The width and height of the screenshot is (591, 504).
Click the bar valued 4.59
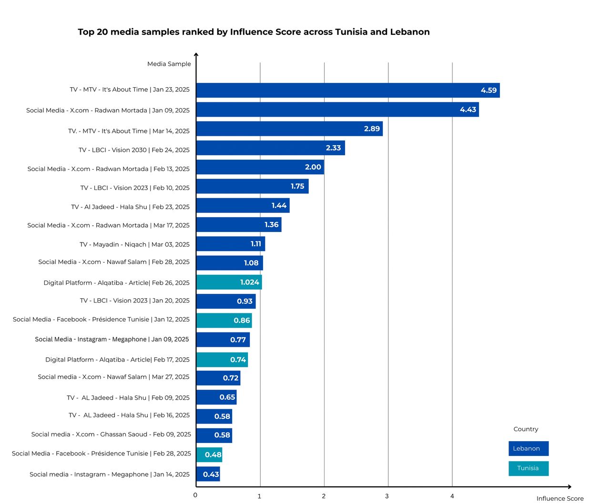click(x=347, y=90)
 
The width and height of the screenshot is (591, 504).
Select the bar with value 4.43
click(x=337, y=110)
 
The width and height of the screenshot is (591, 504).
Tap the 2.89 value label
click(x=372, y=129)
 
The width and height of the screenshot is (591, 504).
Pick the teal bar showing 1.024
click(x=229, y=282)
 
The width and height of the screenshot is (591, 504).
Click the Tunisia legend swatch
click(x=528, y=468)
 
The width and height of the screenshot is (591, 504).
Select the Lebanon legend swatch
click(x=528, y=448)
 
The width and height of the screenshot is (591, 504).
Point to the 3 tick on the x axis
click(x=387, y=496)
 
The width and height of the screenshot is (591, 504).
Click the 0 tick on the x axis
click(x=195, y=495)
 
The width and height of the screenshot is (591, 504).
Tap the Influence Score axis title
click(x=560, y=498)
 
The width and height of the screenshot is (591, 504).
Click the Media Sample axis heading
click(x=169, y=64)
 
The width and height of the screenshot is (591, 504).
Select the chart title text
click(x=254, y=32)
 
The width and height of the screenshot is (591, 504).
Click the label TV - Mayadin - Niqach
click(x=134, y=244)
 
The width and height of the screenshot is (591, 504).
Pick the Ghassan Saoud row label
click(x=111, y=434)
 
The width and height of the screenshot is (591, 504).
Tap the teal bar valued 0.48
click(x=209, y=454)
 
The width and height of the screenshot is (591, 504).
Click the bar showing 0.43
click(x=208, y=474)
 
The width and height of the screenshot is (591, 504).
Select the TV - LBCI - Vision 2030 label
click(x=134, y=150)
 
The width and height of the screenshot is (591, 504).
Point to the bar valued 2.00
click(x=260, y=167)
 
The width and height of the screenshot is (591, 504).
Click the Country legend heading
click(x=526, y=429)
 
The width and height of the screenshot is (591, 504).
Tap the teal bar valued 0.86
click(x=224, y=320)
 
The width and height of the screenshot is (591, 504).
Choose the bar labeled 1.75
click(x=252, y=186)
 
